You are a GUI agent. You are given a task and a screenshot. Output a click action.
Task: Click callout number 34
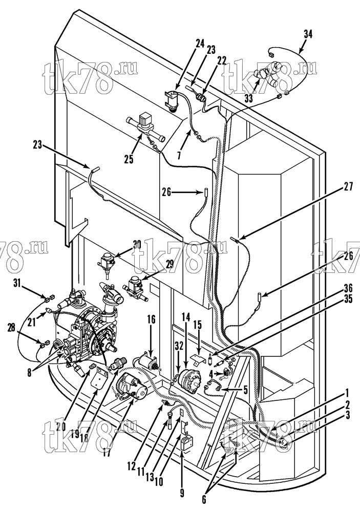(308, 34)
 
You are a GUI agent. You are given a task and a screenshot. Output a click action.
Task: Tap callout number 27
(349, 187)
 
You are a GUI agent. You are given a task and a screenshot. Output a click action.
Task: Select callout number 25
(129, 160)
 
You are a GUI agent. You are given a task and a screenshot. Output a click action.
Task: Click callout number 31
(17, 282)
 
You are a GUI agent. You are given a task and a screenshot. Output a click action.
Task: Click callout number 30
(137, 244)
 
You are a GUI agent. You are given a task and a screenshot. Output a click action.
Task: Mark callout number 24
(200, 43)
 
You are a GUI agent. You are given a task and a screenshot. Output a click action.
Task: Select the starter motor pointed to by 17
(131, 387)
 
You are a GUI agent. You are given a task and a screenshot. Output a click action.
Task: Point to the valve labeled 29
(135, 288)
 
